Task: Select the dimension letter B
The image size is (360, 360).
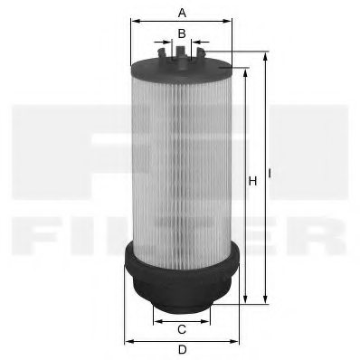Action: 182,33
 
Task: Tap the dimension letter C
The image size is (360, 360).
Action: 182,328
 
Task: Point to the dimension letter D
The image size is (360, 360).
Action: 182,350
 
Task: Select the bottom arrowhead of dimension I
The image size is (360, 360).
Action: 265,301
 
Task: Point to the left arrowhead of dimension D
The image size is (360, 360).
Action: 126,341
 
